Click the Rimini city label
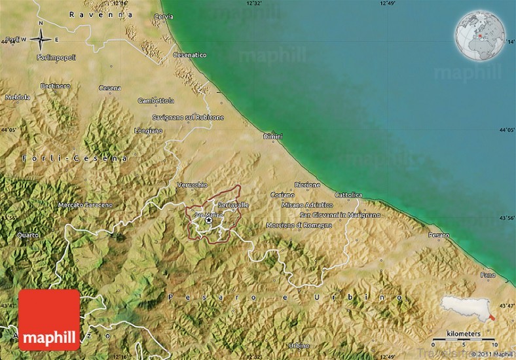point(273,136)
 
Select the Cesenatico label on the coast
point(190,56)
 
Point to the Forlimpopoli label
point(56,58)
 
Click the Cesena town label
point(109,88)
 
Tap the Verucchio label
point(193,185)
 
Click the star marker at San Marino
point(209,221)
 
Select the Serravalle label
point(233,205)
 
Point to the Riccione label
point(307,185)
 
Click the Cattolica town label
point(348,195)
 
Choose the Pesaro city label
point(439,234)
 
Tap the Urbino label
point(299,345)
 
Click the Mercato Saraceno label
point(85,205)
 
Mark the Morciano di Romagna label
point(299,225)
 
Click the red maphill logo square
point(49,320)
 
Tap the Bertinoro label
point(55,86)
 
